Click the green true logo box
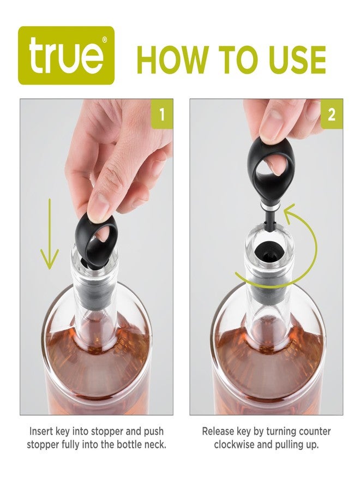tap(66, 56)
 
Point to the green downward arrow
tap(50, 235)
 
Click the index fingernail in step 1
tap(98, 207)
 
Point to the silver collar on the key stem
tap(271, 208)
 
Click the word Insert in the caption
tap(43, 431)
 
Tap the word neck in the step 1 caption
tap(154, 445)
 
